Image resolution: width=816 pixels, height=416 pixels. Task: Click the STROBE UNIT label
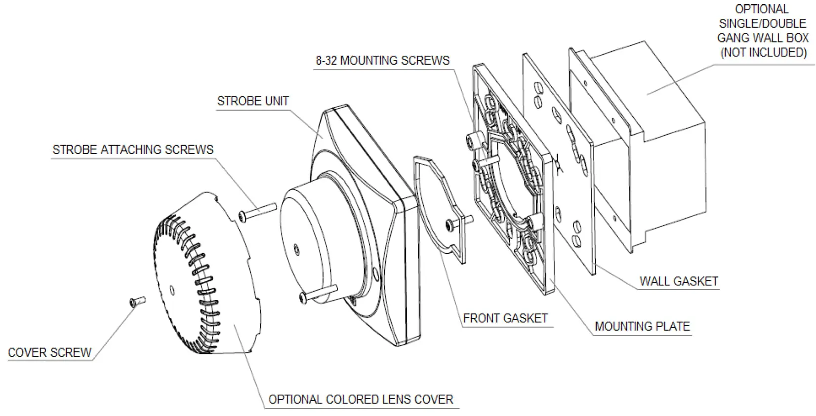tap(252, 101)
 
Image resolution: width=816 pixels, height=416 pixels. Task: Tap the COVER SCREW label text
tap(49, 352)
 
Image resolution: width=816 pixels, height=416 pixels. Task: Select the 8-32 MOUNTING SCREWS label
tap(382, 61)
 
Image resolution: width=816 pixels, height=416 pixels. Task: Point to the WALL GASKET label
tap(678, 281)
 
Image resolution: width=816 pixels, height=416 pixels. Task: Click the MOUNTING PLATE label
tap(642, 326)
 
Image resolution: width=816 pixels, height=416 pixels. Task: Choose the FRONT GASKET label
tap(505, 318)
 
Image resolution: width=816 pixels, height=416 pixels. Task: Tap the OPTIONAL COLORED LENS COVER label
tap(361, 399)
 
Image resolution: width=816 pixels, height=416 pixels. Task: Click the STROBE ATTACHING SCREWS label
tap(133, 150)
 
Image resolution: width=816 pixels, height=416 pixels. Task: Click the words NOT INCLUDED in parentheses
tap(763, 52)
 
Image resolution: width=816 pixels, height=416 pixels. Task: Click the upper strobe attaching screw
tap(257, 211)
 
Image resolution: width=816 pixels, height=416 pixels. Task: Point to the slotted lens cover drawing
tap(207, 276)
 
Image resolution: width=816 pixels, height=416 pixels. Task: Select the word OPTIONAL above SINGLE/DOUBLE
tap(762, 9)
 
